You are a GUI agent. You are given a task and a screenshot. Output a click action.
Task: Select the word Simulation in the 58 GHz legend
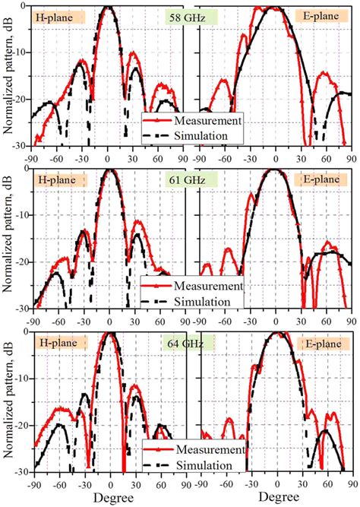coord(201,135)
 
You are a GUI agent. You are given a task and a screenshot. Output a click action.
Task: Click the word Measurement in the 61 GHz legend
coord(207,287)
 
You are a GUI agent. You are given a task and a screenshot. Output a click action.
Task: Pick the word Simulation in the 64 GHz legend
coord(201,464)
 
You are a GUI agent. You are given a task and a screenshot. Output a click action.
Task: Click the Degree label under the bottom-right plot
coord(276,499)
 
